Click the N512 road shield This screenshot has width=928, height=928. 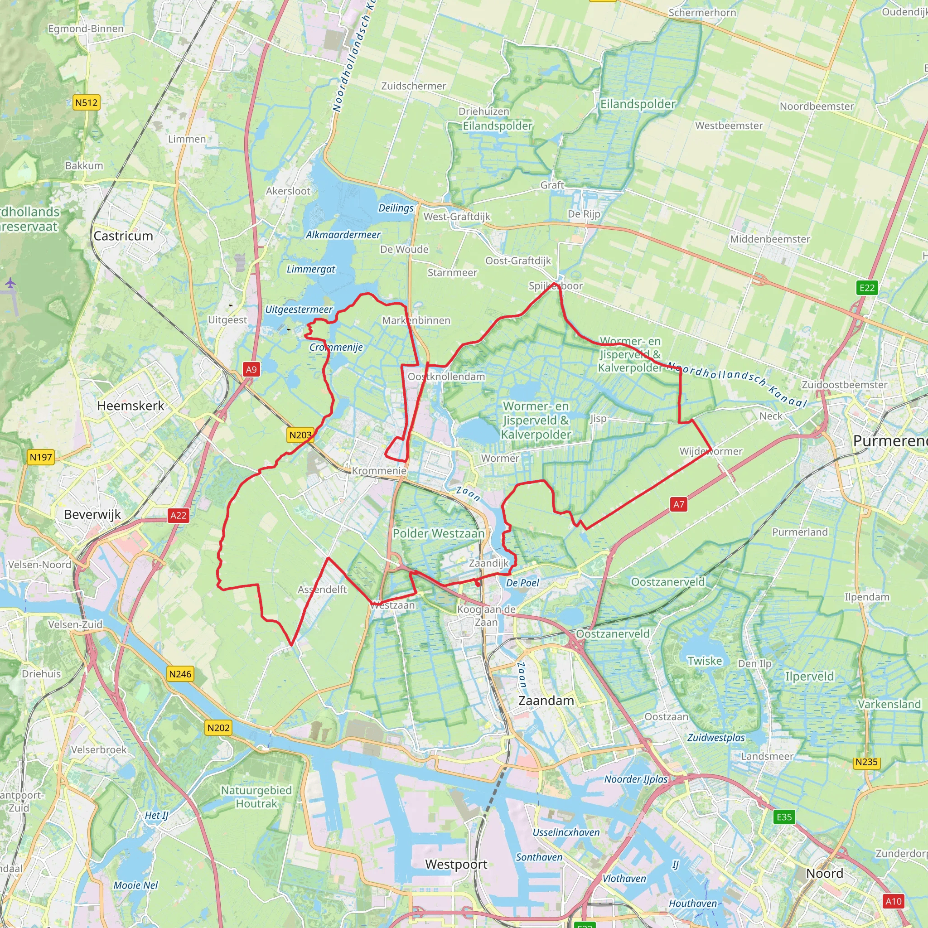[x=87, y=102]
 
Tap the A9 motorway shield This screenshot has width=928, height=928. [x=251, y=369]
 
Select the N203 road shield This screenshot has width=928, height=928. [x=301, y=435]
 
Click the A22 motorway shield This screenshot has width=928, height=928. [x=179, y=515]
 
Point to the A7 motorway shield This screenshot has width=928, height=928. [x=678, y=504]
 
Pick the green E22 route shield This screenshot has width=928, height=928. [x=867, y=288]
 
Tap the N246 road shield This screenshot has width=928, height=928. [x=180, y=674]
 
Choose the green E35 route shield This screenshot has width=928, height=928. [x=784, y=817]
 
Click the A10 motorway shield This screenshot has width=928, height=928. [x=894, y=901]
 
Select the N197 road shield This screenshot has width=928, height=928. [x=41, y=457]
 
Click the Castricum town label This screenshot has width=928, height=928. [x=123, y=236]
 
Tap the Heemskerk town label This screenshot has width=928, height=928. [x=130, y=406]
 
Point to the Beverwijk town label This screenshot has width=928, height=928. [x=92, y=514]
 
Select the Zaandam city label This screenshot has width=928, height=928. [x=546, y=701]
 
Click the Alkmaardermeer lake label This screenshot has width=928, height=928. [x=343, y=235]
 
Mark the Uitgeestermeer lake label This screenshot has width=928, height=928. [x=299, y=309]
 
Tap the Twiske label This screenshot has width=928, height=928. [x=705, y=661]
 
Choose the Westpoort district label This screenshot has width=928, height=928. [x=456, y=864]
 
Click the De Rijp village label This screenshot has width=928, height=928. [x=584, y=214]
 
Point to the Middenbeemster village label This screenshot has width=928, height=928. [x=770, y=239]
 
